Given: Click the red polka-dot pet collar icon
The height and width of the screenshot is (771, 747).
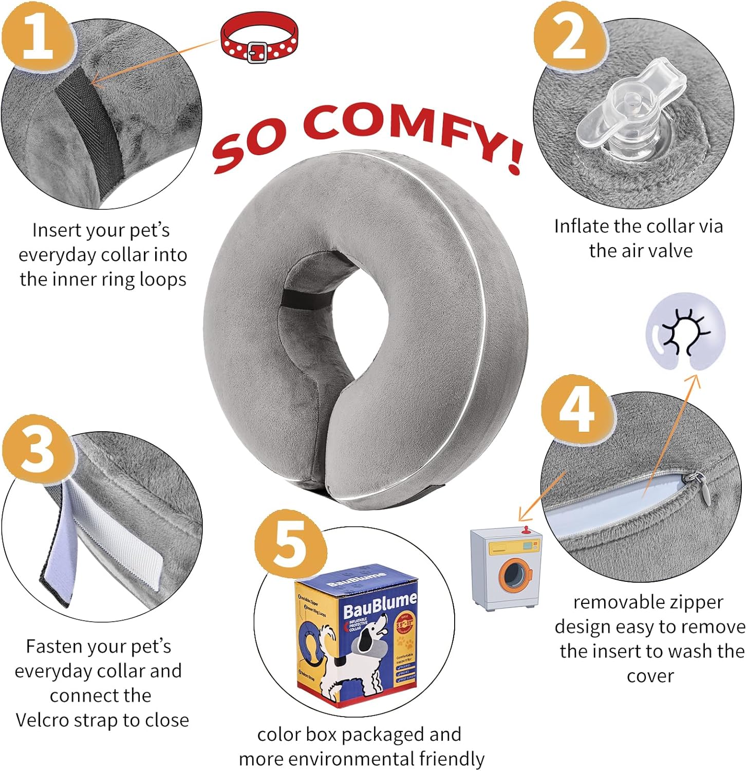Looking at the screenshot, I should coord(258,39).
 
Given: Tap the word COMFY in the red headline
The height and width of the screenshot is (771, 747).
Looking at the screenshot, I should coord(408,131).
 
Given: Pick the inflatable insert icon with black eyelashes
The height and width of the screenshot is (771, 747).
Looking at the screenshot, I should coord(684,332).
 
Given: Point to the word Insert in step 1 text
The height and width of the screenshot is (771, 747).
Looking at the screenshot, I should coord(57,230).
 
